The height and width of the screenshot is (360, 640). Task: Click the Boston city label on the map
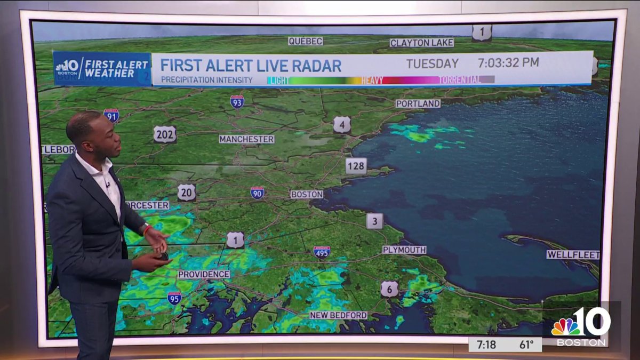coord(307,195)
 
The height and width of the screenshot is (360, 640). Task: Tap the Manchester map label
coord(246,139)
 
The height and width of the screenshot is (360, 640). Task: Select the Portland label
coord(418,103)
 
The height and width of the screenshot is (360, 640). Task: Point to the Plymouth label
coord(404,250)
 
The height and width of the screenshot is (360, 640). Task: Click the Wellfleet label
coord(573,255)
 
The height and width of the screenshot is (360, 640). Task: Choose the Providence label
coord(204,274)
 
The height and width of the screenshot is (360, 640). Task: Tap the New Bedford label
coord(338,315)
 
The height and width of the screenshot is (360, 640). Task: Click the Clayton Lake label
coord(421,43)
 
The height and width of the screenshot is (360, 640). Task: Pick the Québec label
coord(306,41)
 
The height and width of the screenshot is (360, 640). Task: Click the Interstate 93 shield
coord(237,101)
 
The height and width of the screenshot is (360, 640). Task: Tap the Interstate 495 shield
coord(322,252)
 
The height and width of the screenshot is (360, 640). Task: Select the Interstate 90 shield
coord(257,193)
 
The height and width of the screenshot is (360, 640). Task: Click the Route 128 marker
coord(356,166)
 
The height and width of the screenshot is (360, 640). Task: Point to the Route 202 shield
coord(165,134)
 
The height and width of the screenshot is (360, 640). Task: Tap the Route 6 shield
coord(389,289)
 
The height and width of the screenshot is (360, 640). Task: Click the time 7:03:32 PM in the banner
coord(508,62)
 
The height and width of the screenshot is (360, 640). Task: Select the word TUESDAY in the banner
coord(432,63)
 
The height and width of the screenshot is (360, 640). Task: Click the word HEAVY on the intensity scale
coord(372,80)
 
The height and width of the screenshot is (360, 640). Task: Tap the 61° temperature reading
coord(527,345)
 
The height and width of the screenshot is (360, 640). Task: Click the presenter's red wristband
coord(147,230)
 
